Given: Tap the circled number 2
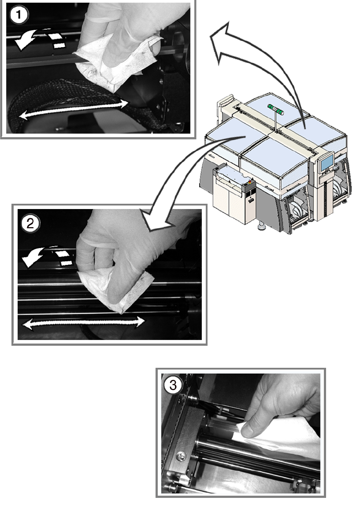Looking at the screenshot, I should tap(30, 222).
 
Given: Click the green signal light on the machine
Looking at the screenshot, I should tap(276, 107).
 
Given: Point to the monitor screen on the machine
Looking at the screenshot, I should tap(327, 162).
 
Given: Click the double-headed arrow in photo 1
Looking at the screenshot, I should tap(74, 108).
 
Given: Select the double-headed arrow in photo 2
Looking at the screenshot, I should tap(83, 323).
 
